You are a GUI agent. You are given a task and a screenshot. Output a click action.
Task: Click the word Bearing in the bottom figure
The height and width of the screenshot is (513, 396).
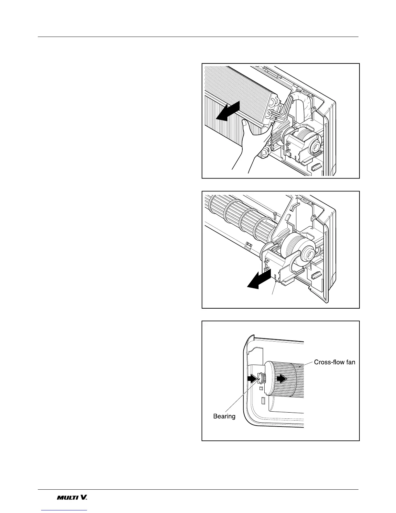(x=224, y=416)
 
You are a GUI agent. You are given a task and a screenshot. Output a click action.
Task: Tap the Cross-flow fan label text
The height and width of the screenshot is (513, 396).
(x=335, y=362)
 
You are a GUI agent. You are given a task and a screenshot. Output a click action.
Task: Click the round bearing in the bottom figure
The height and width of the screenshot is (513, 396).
(x=260, y=378)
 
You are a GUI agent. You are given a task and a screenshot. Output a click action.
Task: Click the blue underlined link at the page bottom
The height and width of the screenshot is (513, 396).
(x=64, y=510)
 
